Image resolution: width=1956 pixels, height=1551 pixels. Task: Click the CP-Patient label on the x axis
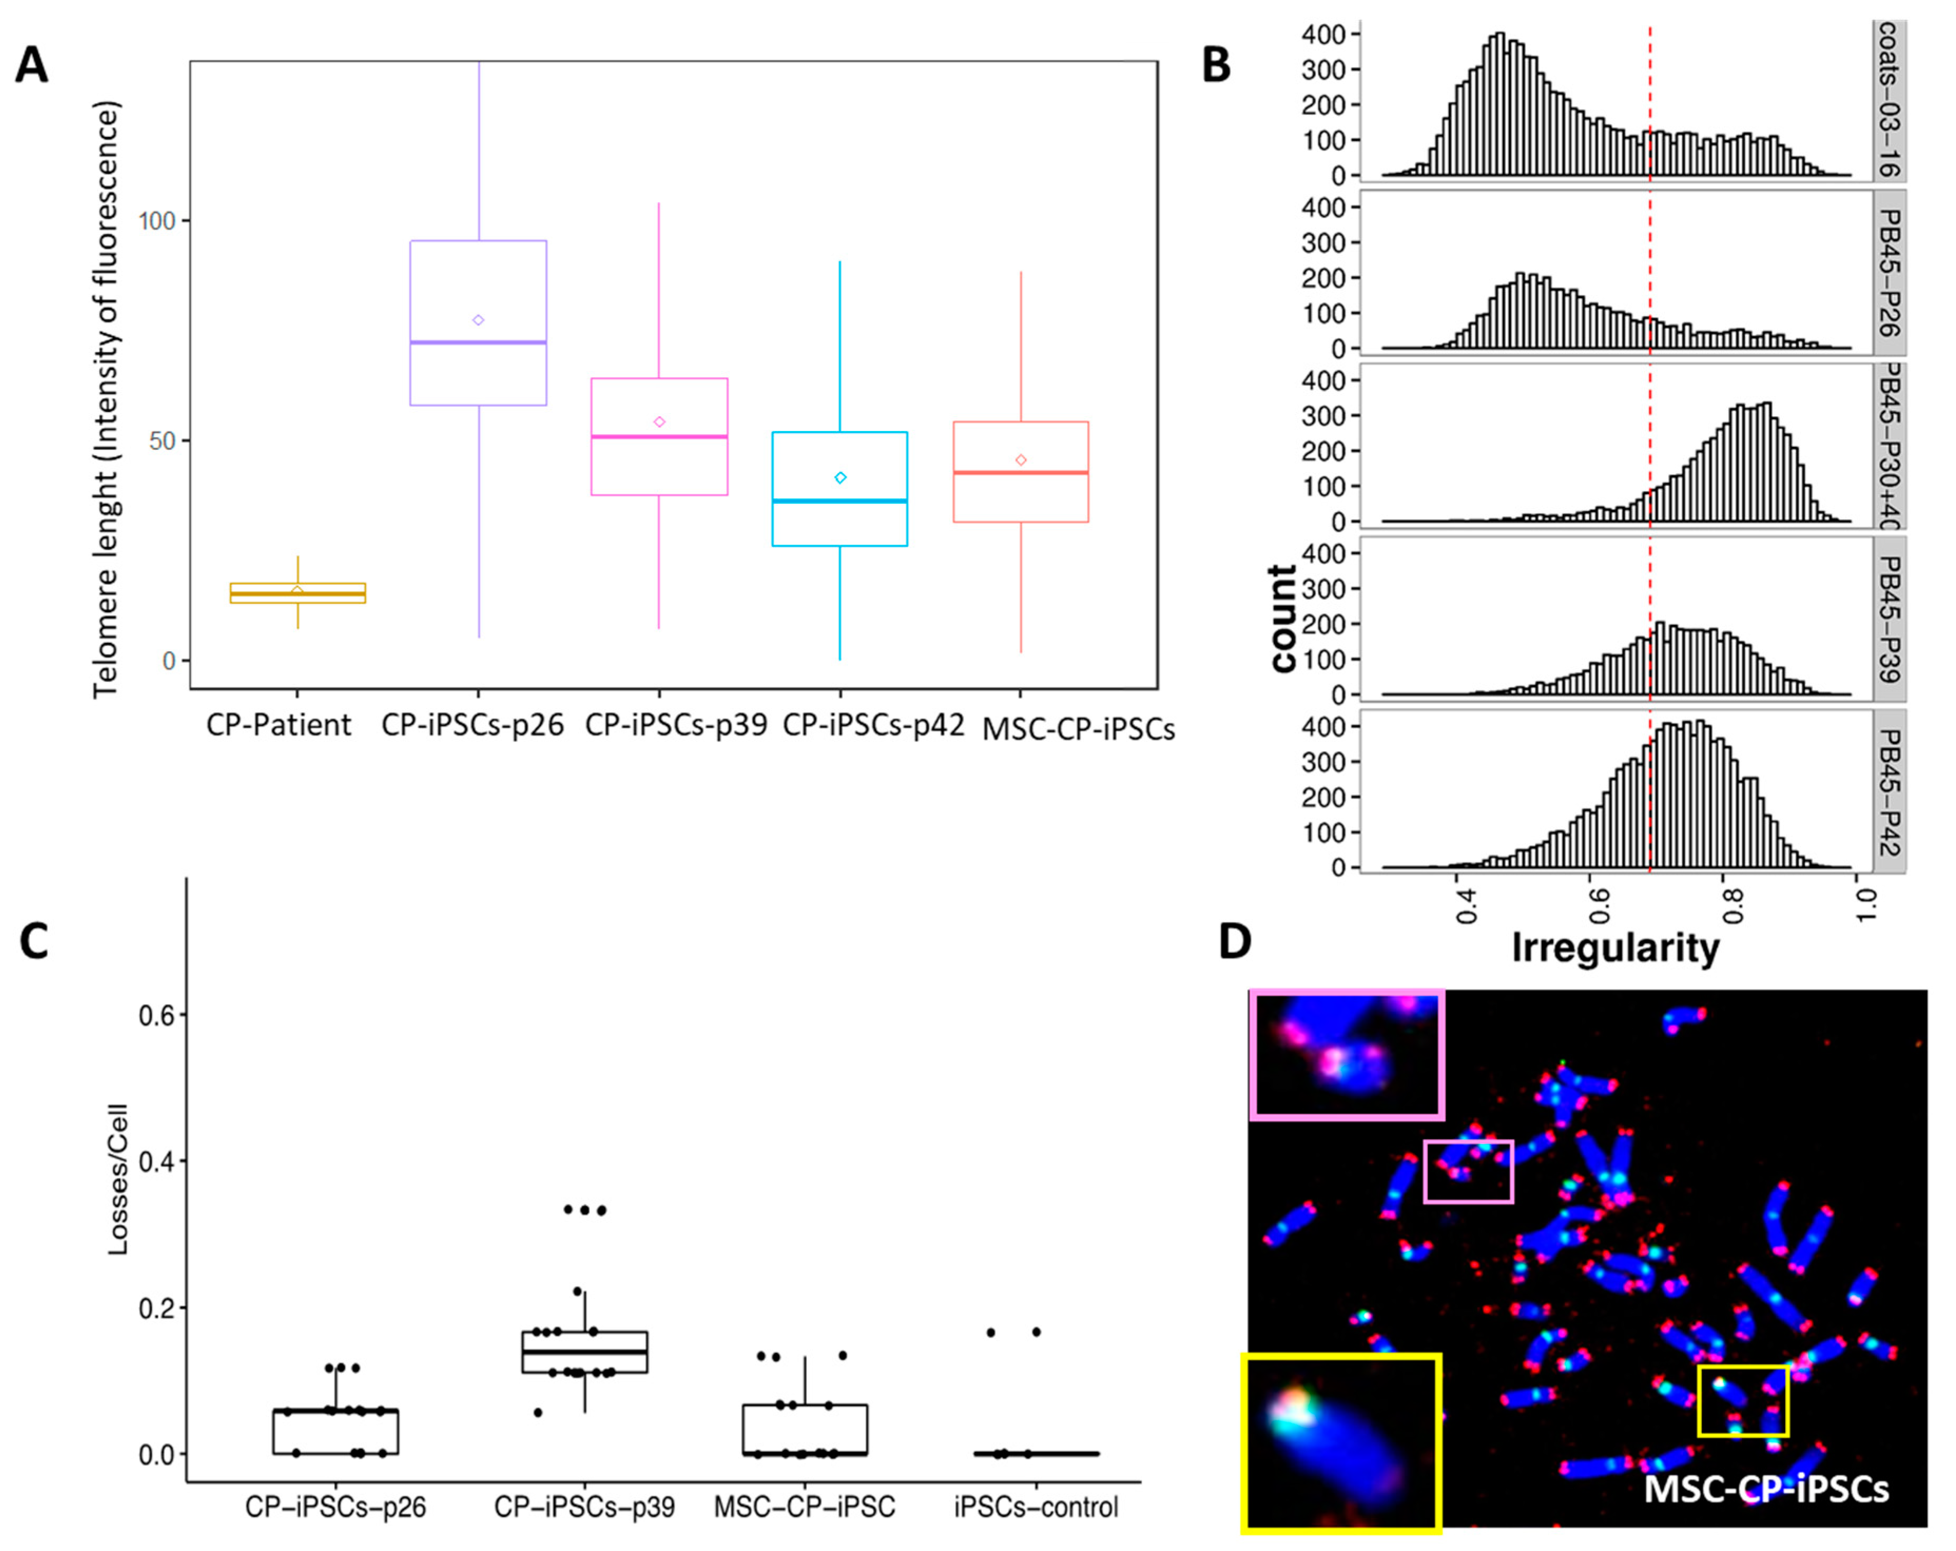[x=278, y=725]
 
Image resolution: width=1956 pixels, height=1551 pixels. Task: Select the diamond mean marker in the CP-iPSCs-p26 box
[x=478, y=320]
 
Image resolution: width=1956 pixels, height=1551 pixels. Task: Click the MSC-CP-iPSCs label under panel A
[x=1078, y=729]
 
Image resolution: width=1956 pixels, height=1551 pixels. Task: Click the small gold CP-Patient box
[x=298, y=593]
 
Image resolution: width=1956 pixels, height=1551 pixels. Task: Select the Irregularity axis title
[x=1615, y=948]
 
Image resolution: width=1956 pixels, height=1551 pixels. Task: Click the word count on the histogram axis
[x=1282, y=619]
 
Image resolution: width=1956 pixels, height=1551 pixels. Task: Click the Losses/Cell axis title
[x=118, y=1179]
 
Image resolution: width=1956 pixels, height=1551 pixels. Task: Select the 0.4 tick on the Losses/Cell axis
[x=156, y=1162]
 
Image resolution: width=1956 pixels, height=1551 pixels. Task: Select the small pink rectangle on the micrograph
[x=1468, y=1172]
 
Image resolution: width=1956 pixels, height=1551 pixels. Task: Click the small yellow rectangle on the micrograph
[x=1743, y=1401]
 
